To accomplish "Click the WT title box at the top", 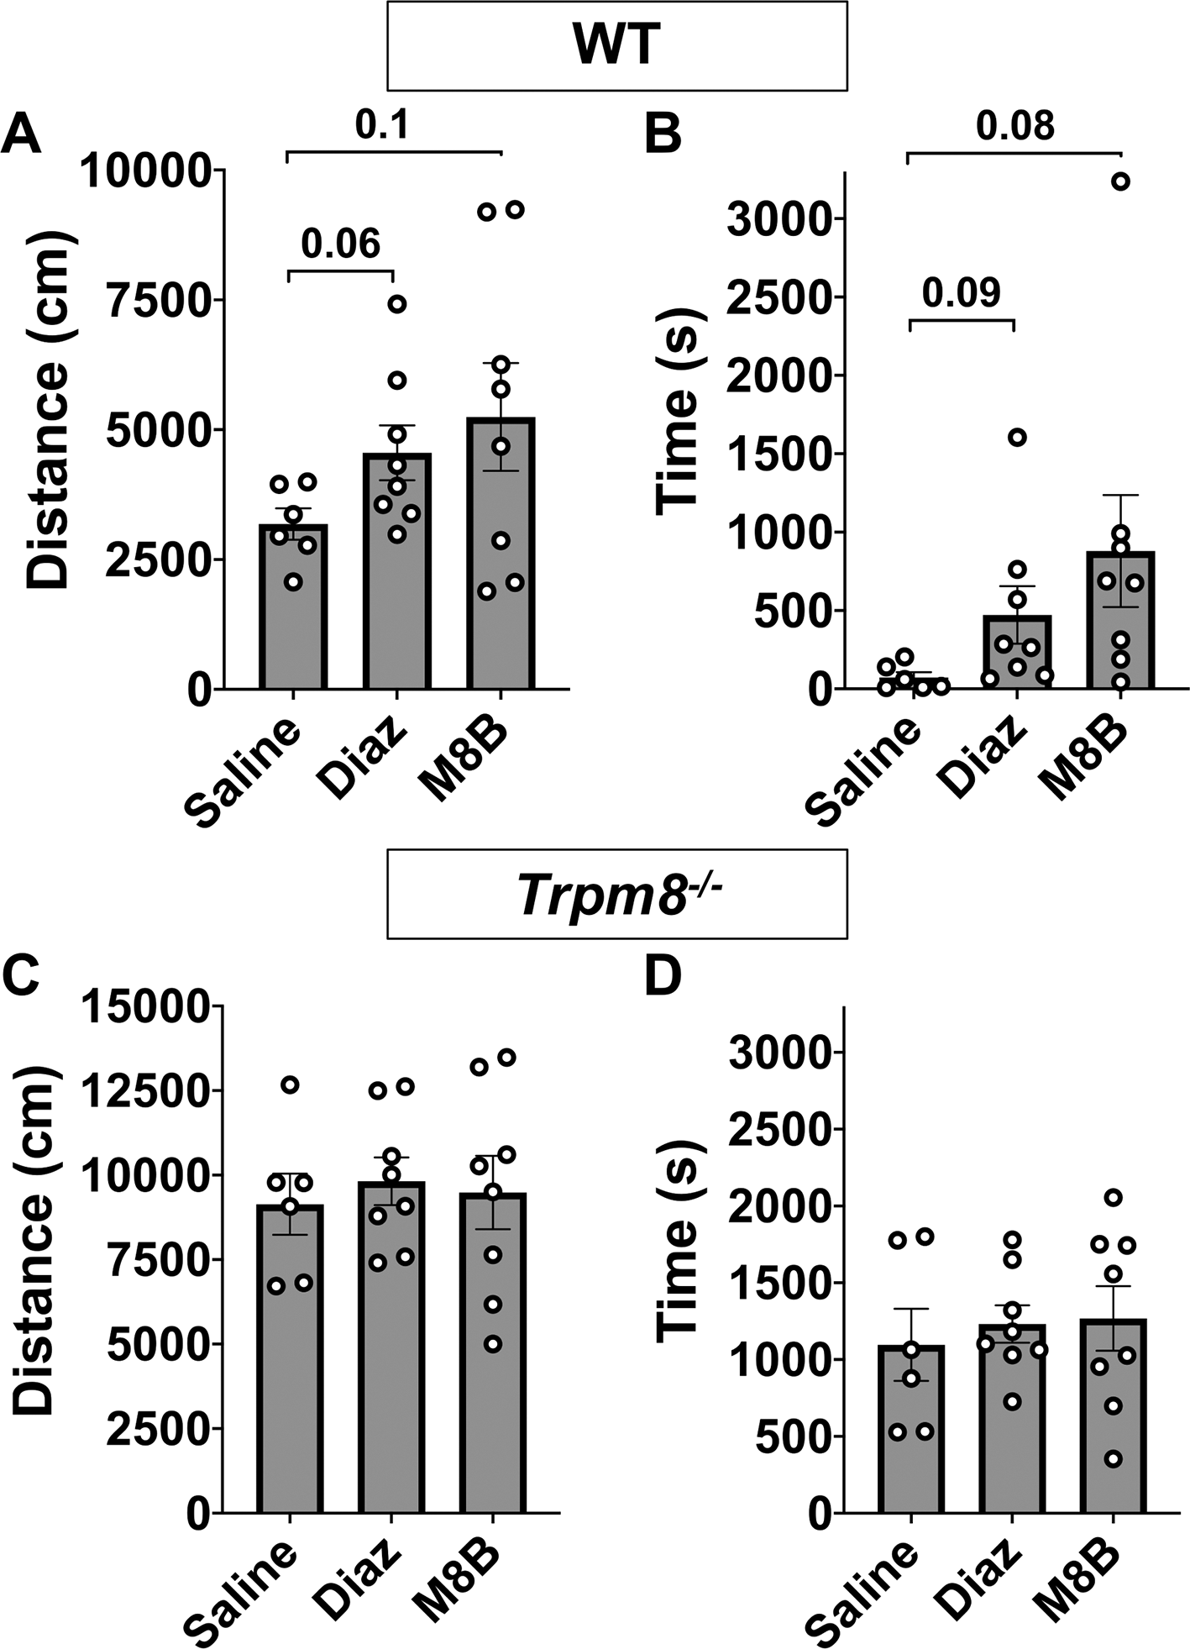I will point(616,45).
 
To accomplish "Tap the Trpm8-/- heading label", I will point(616,893).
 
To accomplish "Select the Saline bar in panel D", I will point(910,1427).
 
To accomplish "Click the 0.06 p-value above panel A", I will point(340,244).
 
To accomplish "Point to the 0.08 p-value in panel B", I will point(1014,126).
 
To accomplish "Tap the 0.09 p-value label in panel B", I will point(961,293).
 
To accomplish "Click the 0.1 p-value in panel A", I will point(382,125).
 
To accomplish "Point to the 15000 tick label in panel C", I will point(147,1006).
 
